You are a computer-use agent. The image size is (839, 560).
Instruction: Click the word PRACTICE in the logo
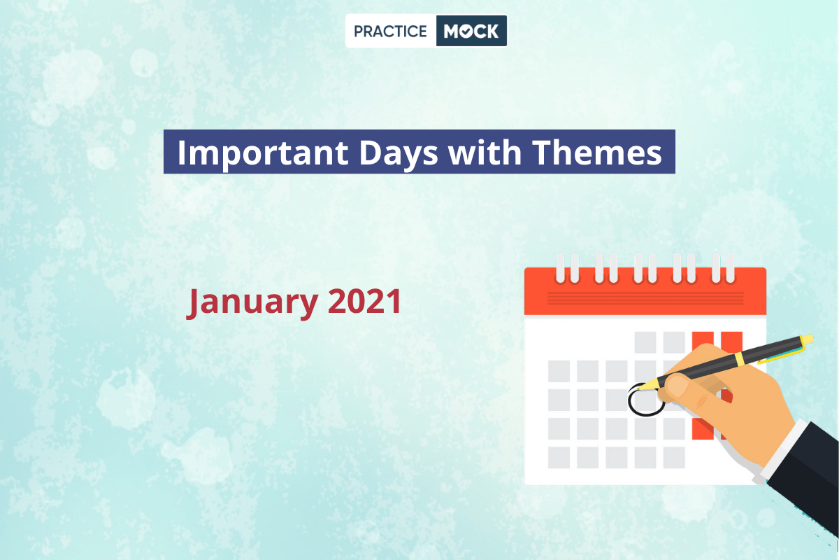[x=390, y=31]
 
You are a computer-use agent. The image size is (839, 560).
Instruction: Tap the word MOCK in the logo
[x=471, y=31]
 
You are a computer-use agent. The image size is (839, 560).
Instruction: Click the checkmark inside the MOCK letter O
[x=465, y=32]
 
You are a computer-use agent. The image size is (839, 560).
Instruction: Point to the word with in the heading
[x=485, y=152]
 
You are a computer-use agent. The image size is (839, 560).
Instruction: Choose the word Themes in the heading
[x=597, y=152]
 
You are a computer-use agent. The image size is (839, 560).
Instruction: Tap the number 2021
[x=364, y=301]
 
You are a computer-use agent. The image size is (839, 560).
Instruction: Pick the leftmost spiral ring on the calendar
[x=561, y=268]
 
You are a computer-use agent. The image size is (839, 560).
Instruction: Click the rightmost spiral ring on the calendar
[x=731, y=268]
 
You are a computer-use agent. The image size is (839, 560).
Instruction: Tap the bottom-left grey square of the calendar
[x=559, y=458]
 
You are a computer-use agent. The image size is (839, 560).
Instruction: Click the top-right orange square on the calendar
[x=731, y=342]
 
